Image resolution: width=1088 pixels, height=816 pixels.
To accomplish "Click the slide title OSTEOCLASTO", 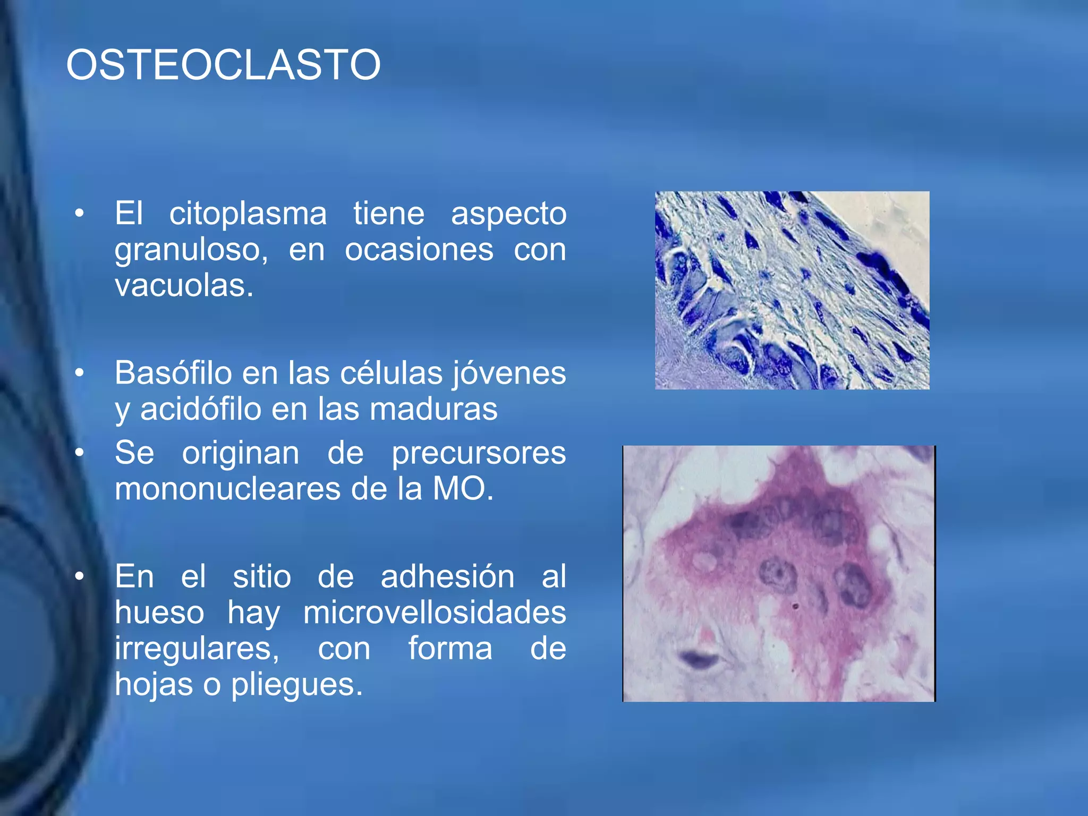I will (223, 65).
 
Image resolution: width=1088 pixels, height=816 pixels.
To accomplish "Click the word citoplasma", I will (248, 214).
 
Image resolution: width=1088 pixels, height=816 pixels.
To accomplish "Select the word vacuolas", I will (183, 286).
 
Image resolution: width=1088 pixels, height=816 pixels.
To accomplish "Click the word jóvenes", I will (509, 373).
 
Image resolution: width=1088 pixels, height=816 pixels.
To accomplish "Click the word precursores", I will (479, 453).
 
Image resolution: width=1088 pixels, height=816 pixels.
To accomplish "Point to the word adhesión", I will (447, 577).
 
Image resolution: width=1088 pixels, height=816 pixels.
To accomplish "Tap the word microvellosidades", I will (434, 613).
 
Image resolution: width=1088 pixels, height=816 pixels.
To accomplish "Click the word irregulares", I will (197, 649).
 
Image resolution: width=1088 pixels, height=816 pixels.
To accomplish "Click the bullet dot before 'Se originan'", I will (79, 453).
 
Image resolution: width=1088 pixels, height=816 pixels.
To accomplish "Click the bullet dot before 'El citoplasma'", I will (79, 214).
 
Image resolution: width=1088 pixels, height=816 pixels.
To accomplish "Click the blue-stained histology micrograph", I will (792, 290).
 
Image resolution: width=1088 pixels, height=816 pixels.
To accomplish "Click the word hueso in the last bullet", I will (159, 613).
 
